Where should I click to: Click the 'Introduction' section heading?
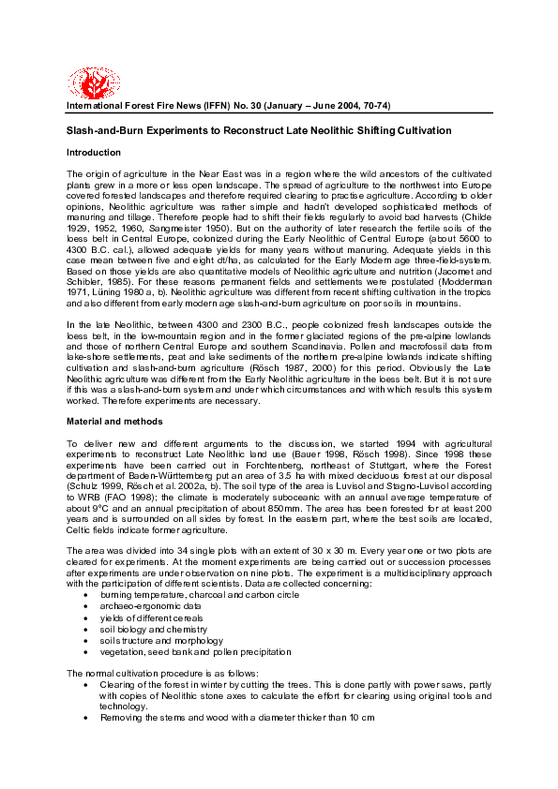[94, 152]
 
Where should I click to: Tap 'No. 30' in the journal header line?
[245, 107]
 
